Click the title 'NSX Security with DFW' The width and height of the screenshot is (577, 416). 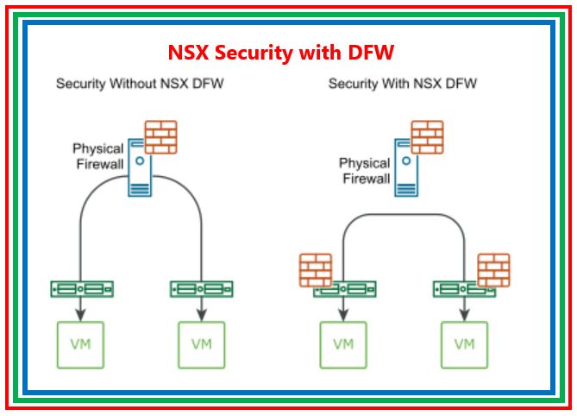coord(281,53)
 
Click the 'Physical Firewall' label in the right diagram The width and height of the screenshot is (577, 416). coord(365,171)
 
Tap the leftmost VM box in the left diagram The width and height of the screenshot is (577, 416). coord(80,345)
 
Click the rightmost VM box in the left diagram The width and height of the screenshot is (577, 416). coord(201,345)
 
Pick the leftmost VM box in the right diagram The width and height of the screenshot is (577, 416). coord(344,345)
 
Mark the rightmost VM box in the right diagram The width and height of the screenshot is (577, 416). coord(464,345)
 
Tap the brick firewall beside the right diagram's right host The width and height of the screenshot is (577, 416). coord(493,269)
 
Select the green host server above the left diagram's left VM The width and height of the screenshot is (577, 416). coord(80,289)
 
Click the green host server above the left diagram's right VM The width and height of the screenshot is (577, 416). coord(201,289)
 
